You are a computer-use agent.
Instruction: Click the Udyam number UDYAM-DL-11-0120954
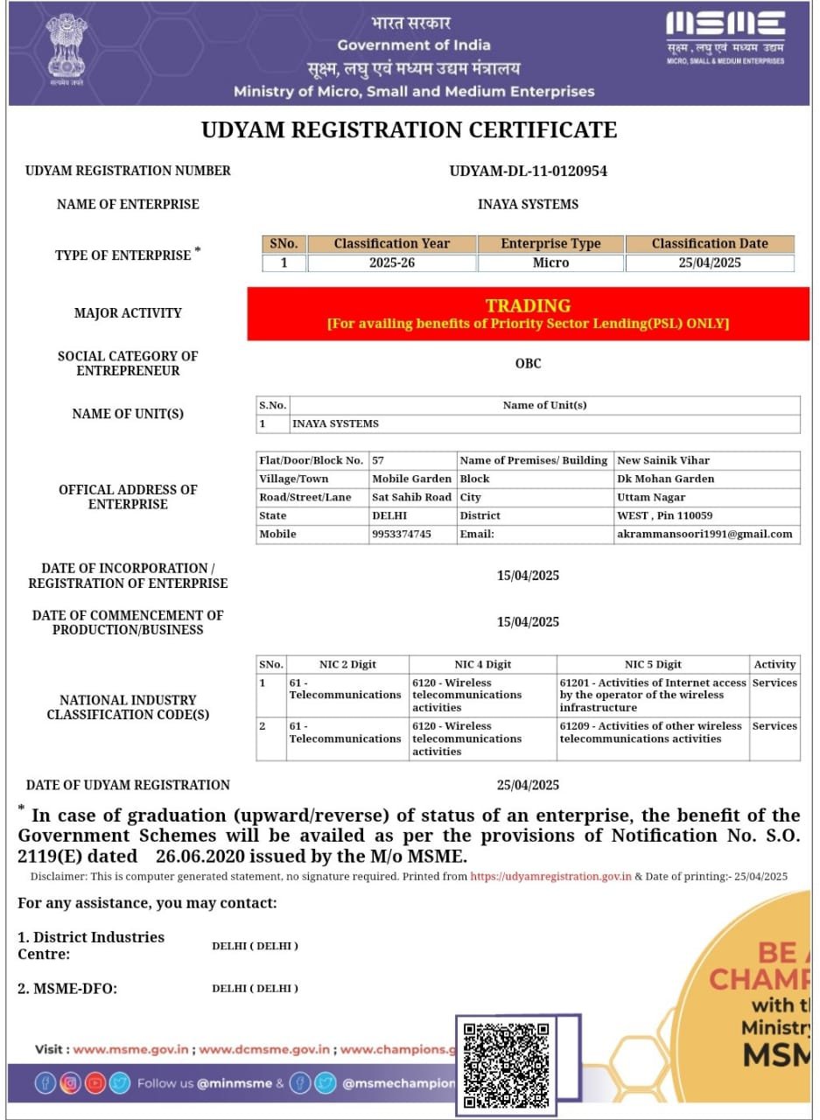click(528, 171)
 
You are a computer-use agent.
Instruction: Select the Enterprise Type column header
click(550, 244)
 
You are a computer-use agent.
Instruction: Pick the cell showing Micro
click(550, 262)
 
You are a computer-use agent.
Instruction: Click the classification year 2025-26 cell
click(391, 262)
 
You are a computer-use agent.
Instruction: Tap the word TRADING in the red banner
click(528, 305)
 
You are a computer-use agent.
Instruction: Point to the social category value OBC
click(528, 363)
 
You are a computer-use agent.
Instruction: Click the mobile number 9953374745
click(402, 534)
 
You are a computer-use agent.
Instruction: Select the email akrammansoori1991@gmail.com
click(704, 534)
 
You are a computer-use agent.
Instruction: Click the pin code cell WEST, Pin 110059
click(665, 515)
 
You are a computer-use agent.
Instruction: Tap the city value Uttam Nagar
click(651, 497)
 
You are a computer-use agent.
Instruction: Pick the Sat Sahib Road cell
click(411, 497)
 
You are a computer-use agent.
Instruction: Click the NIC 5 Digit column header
click(653, 664)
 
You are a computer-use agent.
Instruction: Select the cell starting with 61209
click(651, 732)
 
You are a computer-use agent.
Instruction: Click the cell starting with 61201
click(653, 695)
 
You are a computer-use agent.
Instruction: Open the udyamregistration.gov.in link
click(550, 876)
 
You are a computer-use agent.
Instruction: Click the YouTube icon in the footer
click(95, 1083)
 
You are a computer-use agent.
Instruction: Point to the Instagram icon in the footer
click(70, 1083)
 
